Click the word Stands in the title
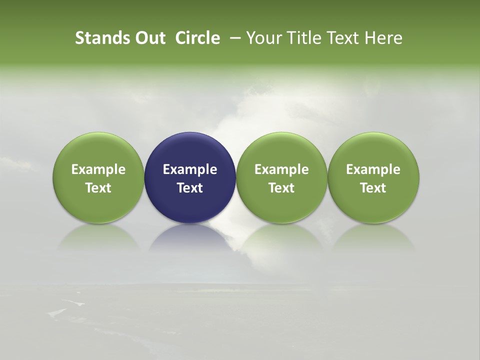point(97,38)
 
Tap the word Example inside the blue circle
point(190,169)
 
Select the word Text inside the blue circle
point(190,188)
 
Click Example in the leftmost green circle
point(98,169)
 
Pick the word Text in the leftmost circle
point(98,188)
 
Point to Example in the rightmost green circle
point(373,169)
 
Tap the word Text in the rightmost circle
point(373,188)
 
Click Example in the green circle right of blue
point(281,169)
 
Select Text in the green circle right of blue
point(281,188)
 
